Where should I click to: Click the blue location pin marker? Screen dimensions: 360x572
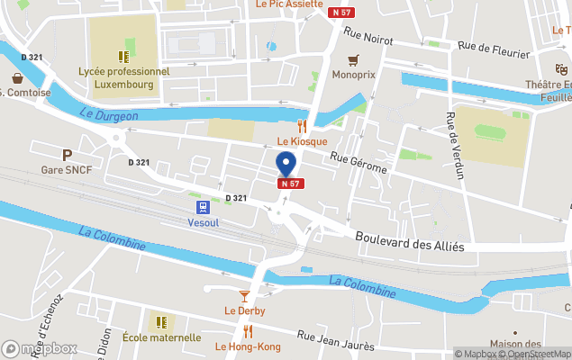[x=286, y=164]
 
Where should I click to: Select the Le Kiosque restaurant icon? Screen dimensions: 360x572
[x=303, y=127]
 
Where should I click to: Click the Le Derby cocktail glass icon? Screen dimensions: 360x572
[x=244, y=295]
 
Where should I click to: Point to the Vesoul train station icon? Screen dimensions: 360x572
[x=197, y=205]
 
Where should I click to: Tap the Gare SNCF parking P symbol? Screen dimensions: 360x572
[x=67, y=155]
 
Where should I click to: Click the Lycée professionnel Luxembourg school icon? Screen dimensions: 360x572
[x=123, y=57]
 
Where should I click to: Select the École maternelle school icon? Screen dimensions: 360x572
[x=161, y=321]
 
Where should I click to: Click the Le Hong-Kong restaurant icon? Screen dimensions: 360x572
[x=248, y=331]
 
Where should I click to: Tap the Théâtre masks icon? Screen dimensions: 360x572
[x=561, y=69]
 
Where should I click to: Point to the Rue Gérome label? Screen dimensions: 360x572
[x=359, y=163]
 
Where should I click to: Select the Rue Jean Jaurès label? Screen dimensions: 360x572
[x=335, y=341]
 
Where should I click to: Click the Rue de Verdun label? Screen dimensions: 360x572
[x=454, y=145]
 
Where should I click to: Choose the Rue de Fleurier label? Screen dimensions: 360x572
[x=492, y=48]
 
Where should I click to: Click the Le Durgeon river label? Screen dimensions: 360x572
[x=108, y=115]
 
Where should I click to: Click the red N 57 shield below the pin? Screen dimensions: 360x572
[x=289, y=184]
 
